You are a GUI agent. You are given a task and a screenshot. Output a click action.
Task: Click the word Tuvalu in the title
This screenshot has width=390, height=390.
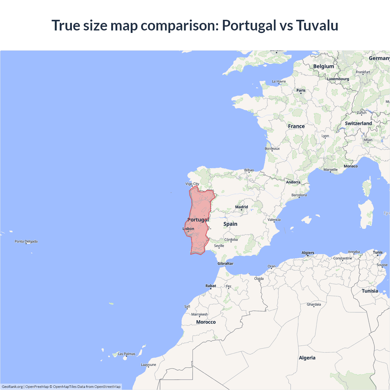tap(317, 25)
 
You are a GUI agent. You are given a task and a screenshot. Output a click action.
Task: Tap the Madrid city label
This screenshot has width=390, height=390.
tap(241, 207)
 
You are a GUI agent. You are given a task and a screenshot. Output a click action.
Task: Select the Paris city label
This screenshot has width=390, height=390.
tap(301, 90)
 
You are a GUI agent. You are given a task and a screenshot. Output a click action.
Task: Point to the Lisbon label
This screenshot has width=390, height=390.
tap(188, 229)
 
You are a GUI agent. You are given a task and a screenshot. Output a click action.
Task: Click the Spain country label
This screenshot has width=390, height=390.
tap(230, 224)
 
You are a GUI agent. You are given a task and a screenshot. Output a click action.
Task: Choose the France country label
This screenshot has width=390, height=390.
tap(296, 126)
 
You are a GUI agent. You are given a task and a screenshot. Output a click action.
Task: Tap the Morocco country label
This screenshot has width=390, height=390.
tap(206, 322)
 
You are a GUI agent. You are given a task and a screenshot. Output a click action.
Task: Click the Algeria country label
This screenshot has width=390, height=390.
tap(307, 358)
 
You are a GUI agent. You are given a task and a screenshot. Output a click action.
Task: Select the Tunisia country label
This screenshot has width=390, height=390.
tap(370, 291)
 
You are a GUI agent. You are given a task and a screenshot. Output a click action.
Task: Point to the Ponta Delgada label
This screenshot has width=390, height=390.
tap(26, 241)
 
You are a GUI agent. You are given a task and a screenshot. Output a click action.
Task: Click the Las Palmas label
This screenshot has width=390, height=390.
tap(126, 354)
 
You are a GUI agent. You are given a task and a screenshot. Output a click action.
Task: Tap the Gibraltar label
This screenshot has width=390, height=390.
tap(225, 264)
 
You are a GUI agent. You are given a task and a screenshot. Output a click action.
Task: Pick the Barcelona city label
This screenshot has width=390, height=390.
tap(299, 195)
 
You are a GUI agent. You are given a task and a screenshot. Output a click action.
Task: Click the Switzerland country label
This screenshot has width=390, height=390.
tap(358, 123)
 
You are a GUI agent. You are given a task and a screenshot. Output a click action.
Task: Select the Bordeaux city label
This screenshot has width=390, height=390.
tap(272, 149)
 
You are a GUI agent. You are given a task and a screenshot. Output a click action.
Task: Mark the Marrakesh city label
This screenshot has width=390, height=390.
tap(199, 314)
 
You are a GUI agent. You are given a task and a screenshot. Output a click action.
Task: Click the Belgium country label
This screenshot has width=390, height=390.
tap(323, 66)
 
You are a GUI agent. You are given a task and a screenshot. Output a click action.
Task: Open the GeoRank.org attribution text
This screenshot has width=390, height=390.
tap(12, 387)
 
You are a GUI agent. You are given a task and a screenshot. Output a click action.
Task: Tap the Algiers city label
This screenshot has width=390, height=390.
tap(308, 253)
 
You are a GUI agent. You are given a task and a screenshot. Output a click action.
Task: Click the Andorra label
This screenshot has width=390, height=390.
tap(293, 182)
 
